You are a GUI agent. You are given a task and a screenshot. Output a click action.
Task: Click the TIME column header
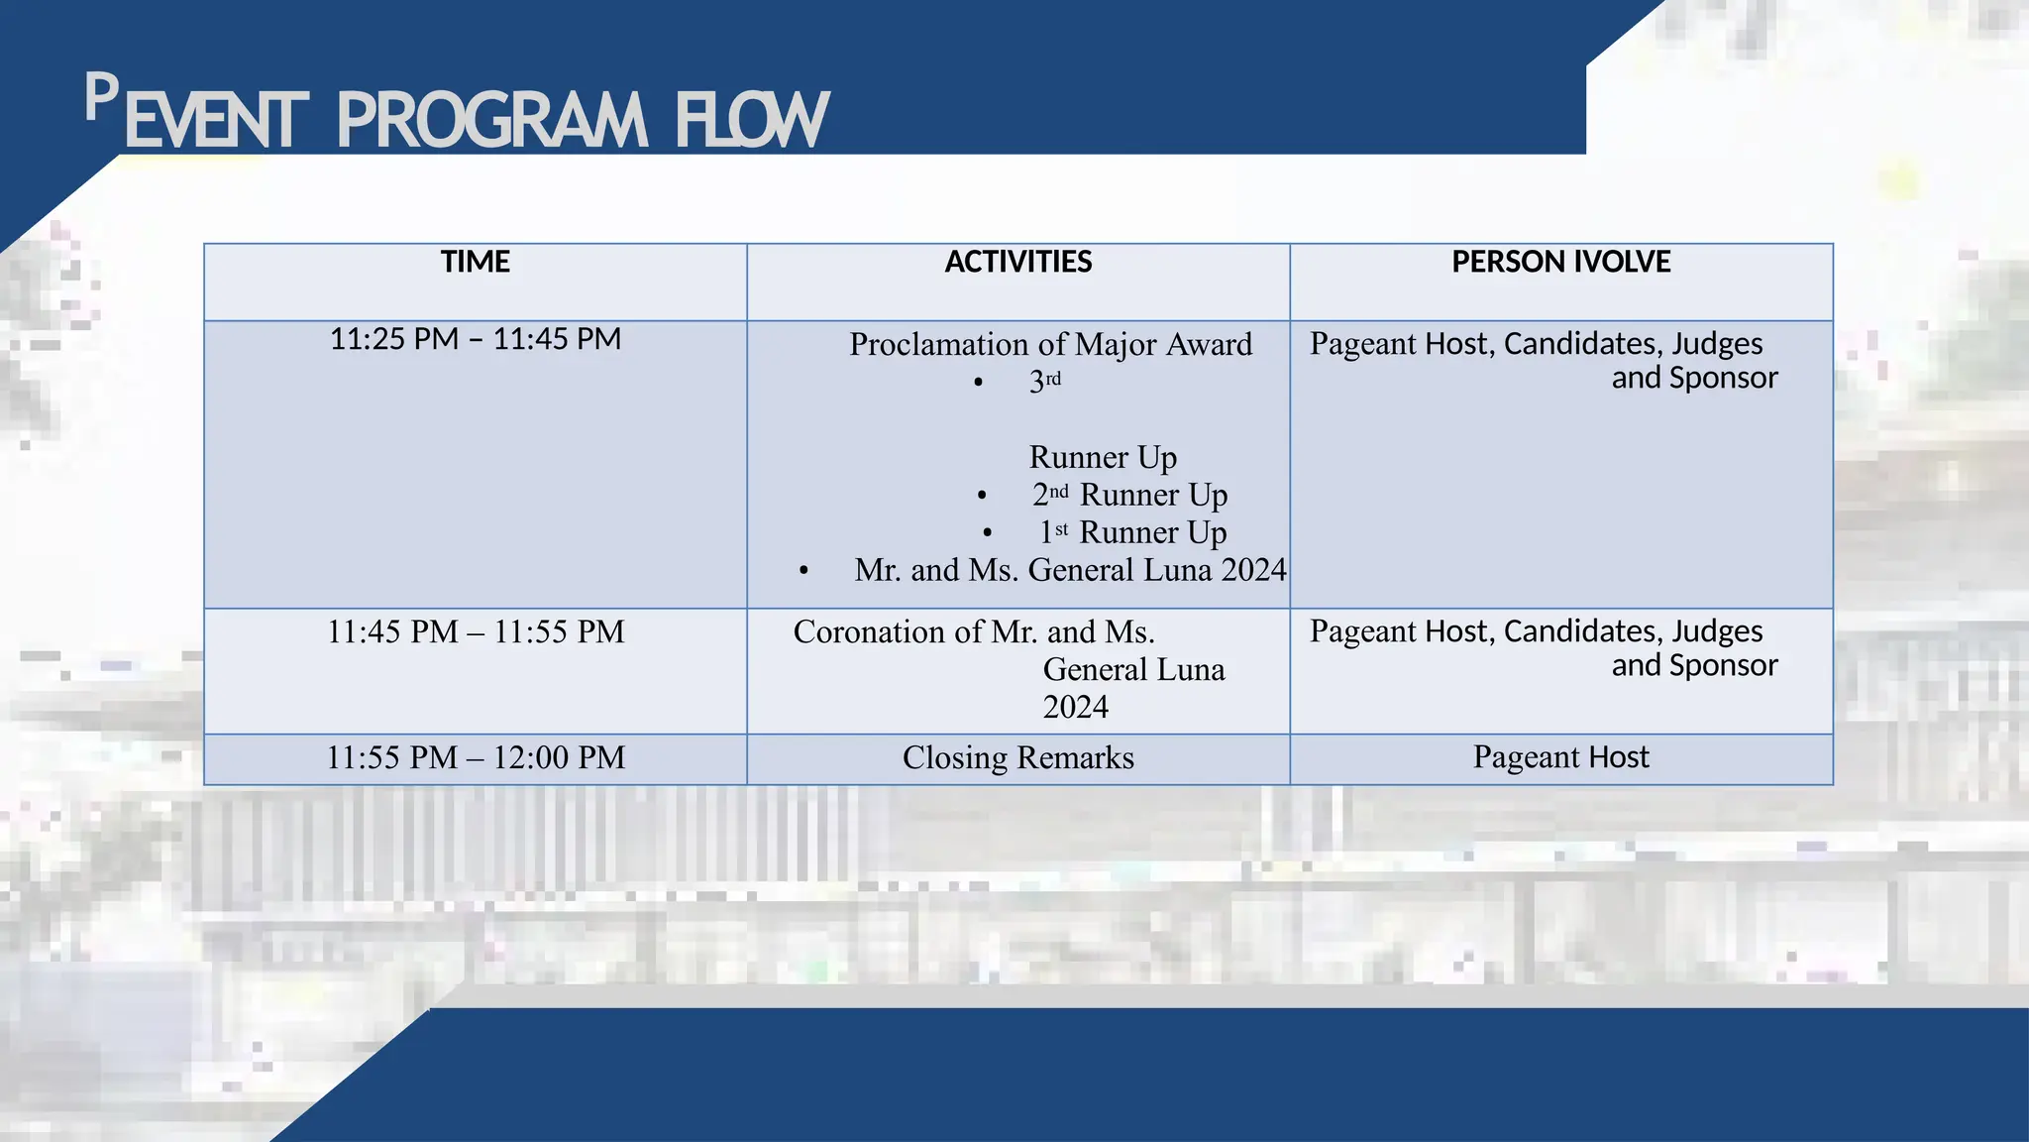pyautogui.click(x=476, y=262)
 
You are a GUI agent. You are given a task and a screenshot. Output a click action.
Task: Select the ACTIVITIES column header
pyautogui.click(x=1017, y=262)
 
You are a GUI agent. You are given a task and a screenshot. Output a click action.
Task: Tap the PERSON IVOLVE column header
pyautogui.click(x=1560, y=262)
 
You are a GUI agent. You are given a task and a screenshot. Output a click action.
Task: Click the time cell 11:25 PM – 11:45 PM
pyautogui.click(x=476, y=339)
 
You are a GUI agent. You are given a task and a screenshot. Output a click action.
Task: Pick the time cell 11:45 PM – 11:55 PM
pyautogui.click(x=476, y=631)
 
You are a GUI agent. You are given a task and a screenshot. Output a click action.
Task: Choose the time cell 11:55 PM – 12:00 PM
pyautogui.click(x=476, y=757)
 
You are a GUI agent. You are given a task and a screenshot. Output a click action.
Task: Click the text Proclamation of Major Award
pyautogui.click(x=1050, y=344)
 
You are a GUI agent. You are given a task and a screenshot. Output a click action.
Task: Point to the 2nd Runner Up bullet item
pyautogui.click(x=1129, y=494)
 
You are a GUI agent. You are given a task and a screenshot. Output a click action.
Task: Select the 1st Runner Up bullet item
pyautogui.click(x=1132, y=532)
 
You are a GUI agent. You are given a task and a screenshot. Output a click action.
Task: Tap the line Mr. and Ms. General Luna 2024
pyautogui.click(x=1070, y=570)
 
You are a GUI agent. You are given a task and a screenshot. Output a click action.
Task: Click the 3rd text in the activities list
pyautogui.click(x=1044, y=381)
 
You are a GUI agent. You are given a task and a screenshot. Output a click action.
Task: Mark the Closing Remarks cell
pyautogui.click(x=1017, y=757)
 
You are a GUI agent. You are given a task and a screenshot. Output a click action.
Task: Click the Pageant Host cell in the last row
pyautogui.click(x=1560, y=757)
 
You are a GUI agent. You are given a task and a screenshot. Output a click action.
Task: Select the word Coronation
pyautogui.click(x=869, y=631)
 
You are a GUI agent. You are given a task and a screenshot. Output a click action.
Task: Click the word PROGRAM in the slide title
pyautogui.click(x=491, y=122)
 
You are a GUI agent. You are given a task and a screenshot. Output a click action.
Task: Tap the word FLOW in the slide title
pyautogui.click(x=751, y=122)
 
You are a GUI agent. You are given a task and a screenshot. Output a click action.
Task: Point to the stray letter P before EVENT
pyautogui.click(x=101, y=98)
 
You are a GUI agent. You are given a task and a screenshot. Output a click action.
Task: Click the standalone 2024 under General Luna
pyautogui.click(x=1075, y=707)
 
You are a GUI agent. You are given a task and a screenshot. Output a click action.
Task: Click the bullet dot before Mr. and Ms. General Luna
pyautogui.click(x=803, y=571)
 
